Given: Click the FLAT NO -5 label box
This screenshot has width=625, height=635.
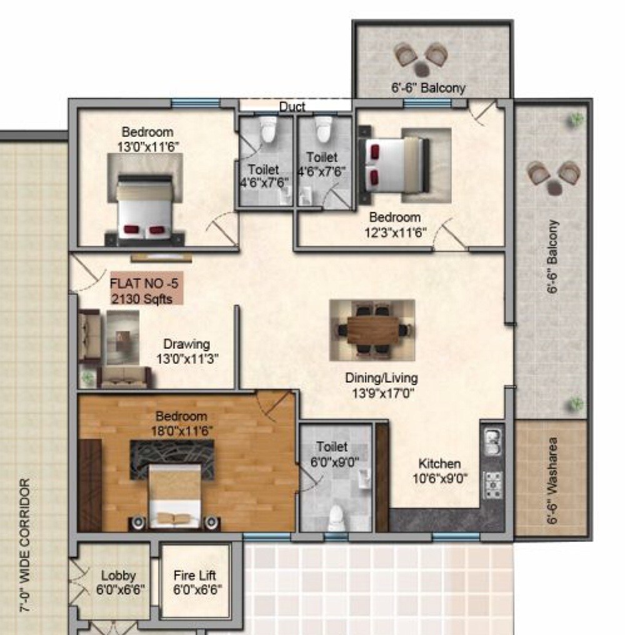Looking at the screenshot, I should click(147, 289).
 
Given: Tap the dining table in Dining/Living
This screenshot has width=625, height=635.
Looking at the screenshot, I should click(372, 329).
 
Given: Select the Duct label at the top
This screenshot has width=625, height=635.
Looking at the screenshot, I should click(292, 107).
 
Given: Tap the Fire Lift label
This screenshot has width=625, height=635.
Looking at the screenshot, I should click(194, 581).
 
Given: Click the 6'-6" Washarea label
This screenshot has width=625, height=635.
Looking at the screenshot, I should click(551, 479).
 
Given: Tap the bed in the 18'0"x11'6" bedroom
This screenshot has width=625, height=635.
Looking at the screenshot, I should click(175, 494).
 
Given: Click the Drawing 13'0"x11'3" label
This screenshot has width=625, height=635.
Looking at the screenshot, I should click(186, 351).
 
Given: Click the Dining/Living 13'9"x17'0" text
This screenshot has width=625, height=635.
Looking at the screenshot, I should click(381, 385).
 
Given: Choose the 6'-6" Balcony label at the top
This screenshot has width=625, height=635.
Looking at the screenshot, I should click(428, 88).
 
